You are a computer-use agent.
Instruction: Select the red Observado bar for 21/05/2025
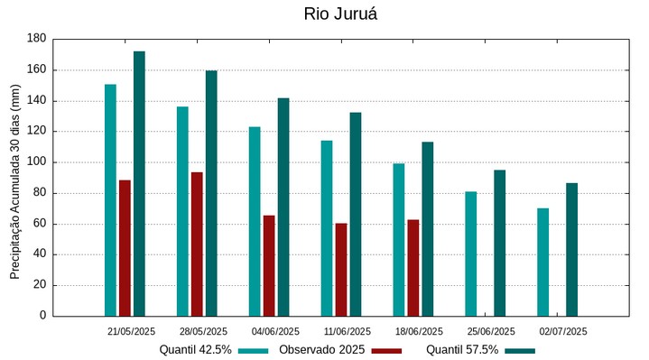(125, 248)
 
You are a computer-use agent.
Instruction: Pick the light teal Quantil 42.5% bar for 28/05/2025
(182, 211)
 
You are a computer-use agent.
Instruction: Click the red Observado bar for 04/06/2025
(269, 265)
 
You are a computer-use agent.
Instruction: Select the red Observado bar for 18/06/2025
(413, 267)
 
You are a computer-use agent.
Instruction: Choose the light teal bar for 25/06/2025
(471, 254)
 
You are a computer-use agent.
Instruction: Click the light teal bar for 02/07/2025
(543, 262)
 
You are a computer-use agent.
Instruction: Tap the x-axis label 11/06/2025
(348, 331)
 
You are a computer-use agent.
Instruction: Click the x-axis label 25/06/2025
(492, 331)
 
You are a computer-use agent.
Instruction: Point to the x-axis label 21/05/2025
(132, 331)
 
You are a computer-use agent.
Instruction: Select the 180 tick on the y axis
(37, 39)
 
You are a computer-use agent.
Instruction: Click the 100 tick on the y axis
(37, 162)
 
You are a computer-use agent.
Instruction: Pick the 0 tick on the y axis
(42, 316)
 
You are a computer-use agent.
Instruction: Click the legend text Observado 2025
(321, 349)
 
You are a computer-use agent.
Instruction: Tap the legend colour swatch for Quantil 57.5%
(520, 350)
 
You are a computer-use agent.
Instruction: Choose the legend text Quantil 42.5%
(196, 349)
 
